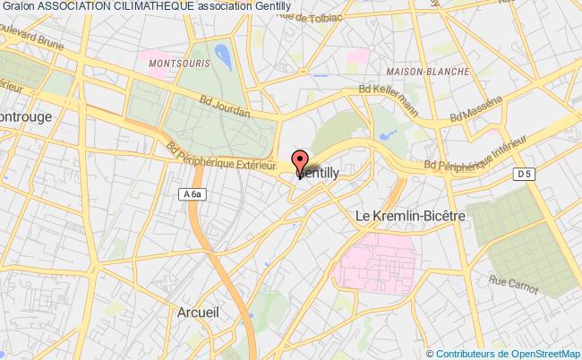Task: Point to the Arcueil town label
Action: (193, 314)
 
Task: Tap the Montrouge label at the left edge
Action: (27, 117)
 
